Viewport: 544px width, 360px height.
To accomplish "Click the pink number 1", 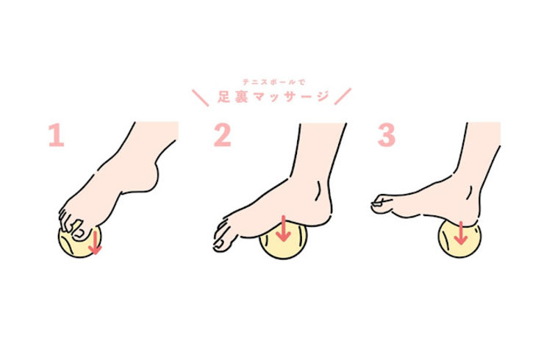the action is coord(57,135).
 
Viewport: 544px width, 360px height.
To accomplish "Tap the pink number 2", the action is coord(223,135).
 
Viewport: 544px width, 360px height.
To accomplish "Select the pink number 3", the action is coord(387,135).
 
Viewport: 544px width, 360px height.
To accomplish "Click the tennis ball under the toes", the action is coord(79,242).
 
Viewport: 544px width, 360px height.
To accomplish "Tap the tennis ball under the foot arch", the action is coord(284,242).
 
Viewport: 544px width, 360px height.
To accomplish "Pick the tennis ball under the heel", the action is coord(460,240).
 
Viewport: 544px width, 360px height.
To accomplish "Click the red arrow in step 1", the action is coord(94,242).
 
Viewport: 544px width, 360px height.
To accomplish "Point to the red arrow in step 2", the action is coord(284,228).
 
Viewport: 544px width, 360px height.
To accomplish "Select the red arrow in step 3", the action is coord(461,233).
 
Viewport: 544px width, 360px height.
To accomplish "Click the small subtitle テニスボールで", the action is coord(273,82).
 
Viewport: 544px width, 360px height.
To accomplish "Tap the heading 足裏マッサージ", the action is coord(273,96).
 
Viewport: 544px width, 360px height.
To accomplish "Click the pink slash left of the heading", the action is coord(201,98).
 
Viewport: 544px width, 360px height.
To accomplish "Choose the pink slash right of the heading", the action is coord(343,96).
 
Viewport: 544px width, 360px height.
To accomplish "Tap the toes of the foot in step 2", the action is coord(223,236).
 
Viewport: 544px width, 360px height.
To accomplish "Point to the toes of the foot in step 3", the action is coord(382,205).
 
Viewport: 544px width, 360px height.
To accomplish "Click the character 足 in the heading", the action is coord(223,97).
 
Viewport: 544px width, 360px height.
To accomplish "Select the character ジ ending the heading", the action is coord(322,96).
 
